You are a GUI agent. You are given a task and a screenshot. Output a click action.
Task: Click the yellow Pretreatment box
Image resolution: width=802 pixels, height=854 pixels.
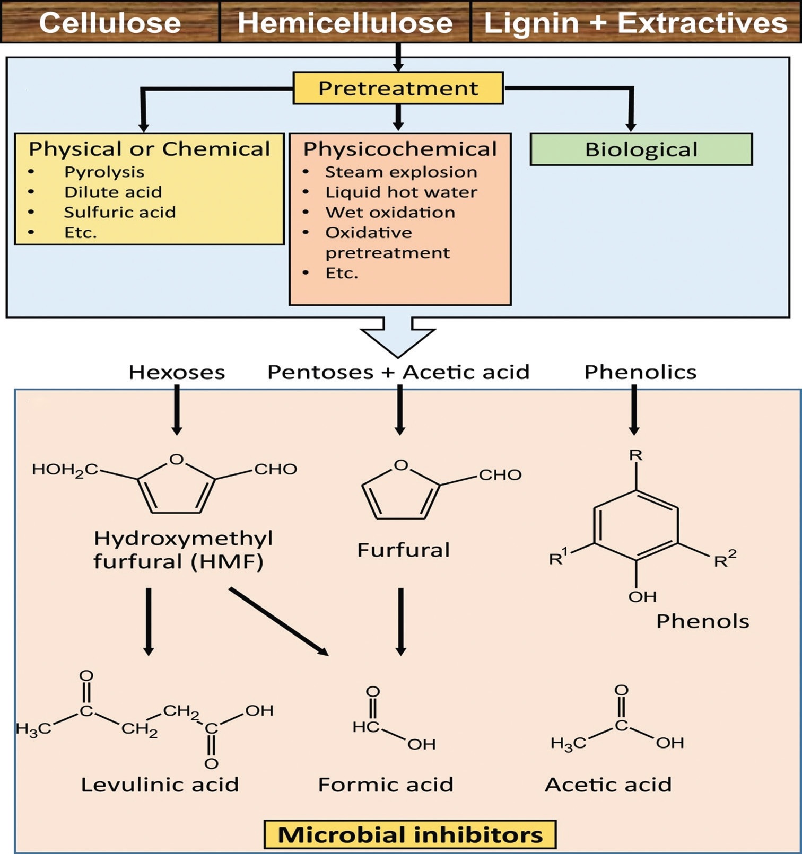coord(398,88)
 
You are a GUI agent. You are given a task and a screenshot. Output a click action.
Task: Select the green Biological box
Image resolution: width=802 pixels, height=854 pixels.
coord(641,149)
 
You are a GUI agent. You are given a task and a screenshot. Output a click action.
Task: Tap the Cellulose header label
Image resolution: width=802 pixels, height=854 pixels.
coord(110,23)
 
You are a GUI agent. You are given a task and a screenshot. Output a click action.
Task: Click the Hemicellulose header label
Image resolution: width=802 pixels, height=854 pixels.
coord(345,23)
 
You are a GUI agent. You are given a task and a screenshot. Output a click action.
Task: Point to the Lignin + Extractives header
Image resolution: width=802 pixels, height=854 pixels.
coord(635,23)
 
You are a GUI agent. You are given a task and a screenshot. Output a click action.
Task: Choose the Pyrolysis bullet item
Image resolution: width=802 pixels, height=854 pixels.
coord(104,172)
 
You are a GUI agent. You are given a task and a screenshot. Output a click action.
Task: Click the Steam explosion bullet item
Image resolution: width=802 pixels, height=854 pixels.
coord(401,172)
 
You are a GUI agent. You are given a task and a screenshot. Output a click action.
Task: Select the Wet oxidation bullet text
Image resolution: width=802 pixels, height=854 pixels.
coord(390,212)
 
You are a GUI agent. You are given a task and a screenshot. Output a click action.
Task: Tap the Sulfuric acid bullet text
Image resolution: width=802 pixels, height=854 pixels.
coord(119,212)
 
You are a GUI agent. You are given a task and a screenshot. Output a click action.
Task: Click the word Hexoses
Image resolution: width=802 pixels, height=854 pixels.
coord(177,372)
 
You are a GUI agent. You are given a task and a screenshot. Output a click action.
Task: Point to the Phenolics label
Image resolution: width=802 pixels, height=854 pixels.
coord(640,372)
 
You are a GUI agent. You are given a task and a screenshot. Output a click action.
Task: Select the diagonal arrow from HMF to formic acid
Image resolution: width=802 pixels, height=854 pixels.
coord(278,621)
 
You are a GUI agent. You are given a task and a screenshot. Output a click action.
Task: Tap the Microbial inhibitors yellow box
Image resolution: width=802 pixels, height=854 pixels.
coord(410,834)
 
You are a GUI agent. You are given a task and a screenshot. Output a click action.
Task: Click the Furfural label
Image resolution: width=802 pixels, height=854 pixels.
coord(403,550)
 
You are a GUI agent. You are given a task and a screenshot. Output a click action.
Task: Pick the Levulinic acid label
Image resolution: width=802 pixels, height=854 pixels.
coord(160,785)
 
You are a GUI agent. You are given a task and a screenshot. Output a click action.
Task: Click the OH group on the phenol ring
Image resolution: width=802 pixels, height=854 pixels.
coord(642,597)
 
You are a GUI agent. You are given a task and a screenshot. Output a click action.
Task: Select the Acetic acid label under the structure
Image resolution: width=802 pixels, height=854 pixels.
coord(608,785)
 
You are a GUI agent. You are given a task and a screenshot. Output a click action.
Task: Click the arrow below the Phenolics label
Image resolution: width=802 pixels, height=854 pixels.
coord(634,409)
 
